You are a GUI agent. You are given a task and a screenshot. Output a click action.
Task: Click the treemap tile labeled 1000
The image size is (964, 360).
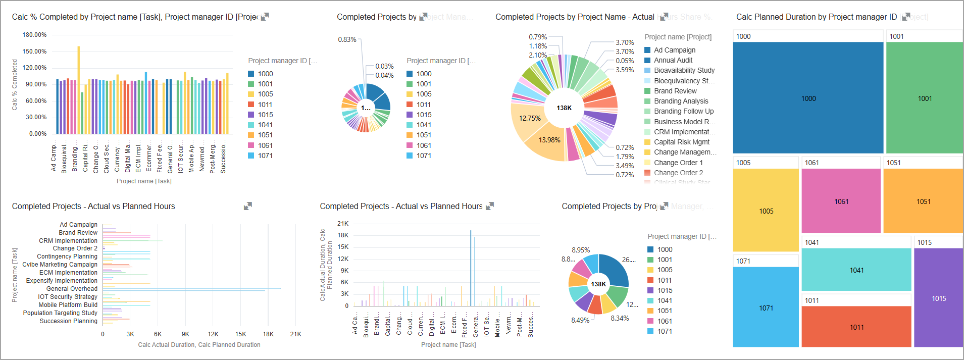click(808, 98)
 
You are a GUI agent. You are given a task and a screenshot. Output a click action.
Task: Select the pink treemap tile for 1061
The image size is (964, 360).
click(841, 201)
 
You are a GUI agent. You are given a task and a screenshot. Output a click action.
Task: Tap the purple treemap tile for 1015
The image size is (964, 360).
click(938, 298)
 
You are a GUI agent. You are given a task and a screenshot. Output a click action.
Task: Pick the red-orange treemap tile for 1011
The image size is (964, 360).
click(856, 327)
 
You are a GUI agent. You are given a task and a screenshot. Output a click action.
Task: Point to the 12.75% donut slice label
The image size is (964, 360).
click(530, 118)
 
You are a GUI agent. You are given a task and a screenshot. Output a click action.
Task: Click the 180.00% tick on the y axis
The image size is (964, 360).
click(34, 35)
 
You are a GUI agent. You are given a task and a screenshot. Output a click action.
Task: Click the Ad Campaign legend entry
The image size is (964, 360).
click(674, 50)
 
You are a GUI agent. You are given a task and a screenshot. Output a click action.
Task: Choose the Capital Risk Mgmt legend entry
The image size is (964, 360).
click(681, 142)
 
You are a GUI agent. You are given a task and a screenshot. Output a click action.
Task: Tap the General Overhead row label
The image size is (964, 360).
click(72, 289)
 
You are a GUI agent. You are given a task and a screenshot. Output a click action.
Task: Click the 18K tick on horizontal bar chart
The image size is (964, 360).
click(268, 334)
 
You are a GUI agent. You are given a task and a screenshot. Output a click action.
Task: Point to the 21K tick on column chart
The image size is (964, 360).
click(343, 223)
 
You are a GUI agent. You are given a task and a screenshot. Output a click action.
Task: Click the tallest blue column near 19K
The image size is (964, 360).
click(471, 268)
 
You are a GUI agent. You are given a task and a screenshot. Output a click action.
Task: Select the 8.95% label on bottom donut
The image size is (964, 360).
click(581, 250)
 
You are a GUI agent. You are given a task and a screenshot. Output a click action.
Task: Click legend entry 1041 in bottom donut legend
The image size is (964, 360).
click(664, 300)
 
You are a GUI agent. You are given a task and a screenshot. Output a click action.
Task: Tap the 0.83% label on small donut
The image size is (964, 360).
click(347, 39)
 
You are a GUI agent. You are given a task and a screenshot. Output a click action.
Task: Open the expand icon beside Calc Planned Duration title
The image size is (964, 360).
click(906, 17)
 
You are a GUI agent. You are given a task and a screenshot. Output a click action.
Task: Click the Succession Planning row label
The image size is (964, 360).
click(68, 321)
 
